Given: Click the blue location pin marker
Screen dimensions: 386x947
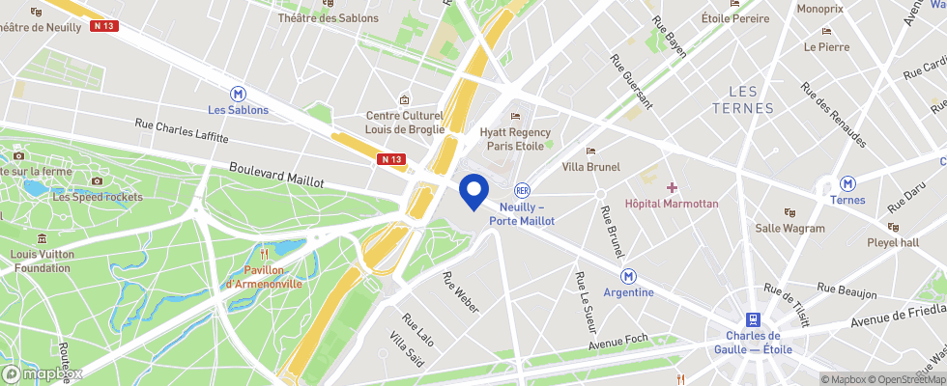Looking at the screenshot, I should click(x=473, y=190).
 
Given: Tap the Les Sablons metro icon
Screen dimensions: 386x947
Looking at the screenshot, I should click(x=238, y=94).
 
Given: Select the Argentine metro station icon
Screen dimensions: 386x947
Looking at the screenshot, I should click(x=628, y=276).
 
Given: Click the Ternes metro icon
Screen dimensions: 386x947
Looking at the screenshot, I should click(x=847, y=183).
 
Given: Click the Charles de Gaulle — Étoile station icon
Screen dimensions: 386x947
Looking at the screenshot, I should click(x=752, y=318).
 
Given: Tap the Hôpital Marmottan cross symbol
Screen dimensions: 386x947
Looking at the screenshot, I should click(x=672, y=186).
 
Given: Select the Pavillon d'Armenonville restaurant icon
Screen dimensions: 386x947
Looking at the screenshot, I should click(x=264, y=255).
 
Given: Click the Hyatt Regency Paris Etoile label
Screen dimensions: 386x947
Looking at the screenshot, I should click(x=515, y=139).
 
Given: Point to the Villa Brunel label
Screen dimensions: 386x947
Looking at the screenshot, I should click(x=590, y=167).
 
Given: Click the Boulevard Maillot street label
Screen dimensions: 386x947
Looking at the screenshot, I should click(x=276, y=175).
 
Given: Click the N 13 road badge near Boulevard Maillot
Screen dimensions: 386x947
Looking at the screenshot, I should click(x=391, y=159).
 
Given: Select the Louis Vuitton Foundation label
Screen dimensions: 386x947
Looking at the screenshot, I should click(x=42, y=262).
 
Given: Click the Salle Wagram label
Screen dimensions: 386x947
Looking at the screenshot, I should click(x=789, y=229).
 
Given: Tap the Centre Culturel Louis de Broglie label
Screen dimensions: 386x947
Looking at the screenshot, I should click(x=404, y=123).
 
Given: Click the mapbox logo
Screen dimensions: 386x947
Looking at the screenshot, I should click(x=43, y=373).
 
